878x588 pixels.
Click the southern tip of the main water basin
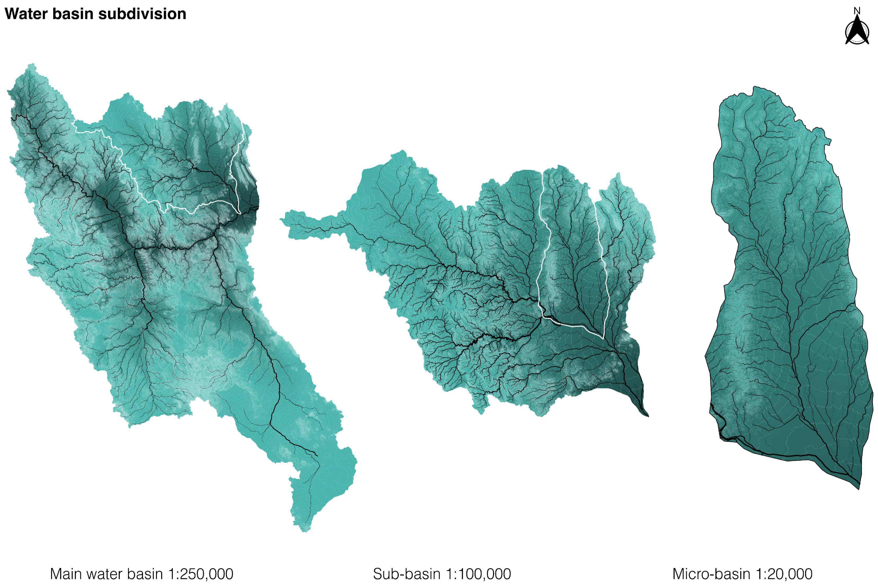tap(304, 530)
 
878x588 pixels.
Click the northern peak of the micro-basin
tap(754, 88)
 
